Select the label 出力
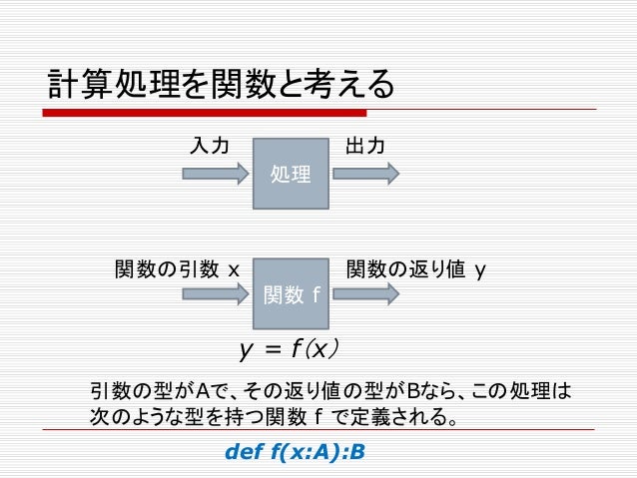pos(364,147)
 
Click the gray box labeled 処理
pos(291,173)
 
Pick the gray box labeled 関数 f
pos(291,293)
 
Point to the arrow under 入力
pos(216,173)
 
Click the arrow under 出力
pos(365,173)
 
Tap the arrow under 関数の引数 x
pos(216,293)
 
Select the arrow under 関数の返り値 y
pos(365,293)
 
